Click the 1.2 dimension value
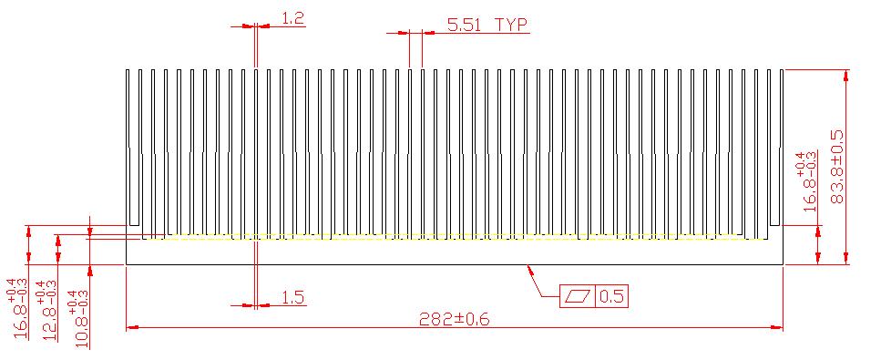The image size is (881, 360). (292, 18)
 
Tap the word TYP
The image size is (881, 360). (511, 25)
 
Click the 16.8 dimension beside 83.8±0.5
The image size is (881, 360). (808, 181)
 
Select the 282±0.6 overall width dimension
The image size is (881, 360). (455, 320)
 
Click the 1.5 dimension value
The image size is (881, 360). (292, 297)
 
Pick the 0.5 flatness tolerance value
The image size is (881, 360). (612, 296)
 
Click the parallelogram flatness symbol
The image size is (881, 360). (579, 296)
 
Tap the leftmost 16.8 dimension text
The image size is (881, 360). (19, 308)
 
